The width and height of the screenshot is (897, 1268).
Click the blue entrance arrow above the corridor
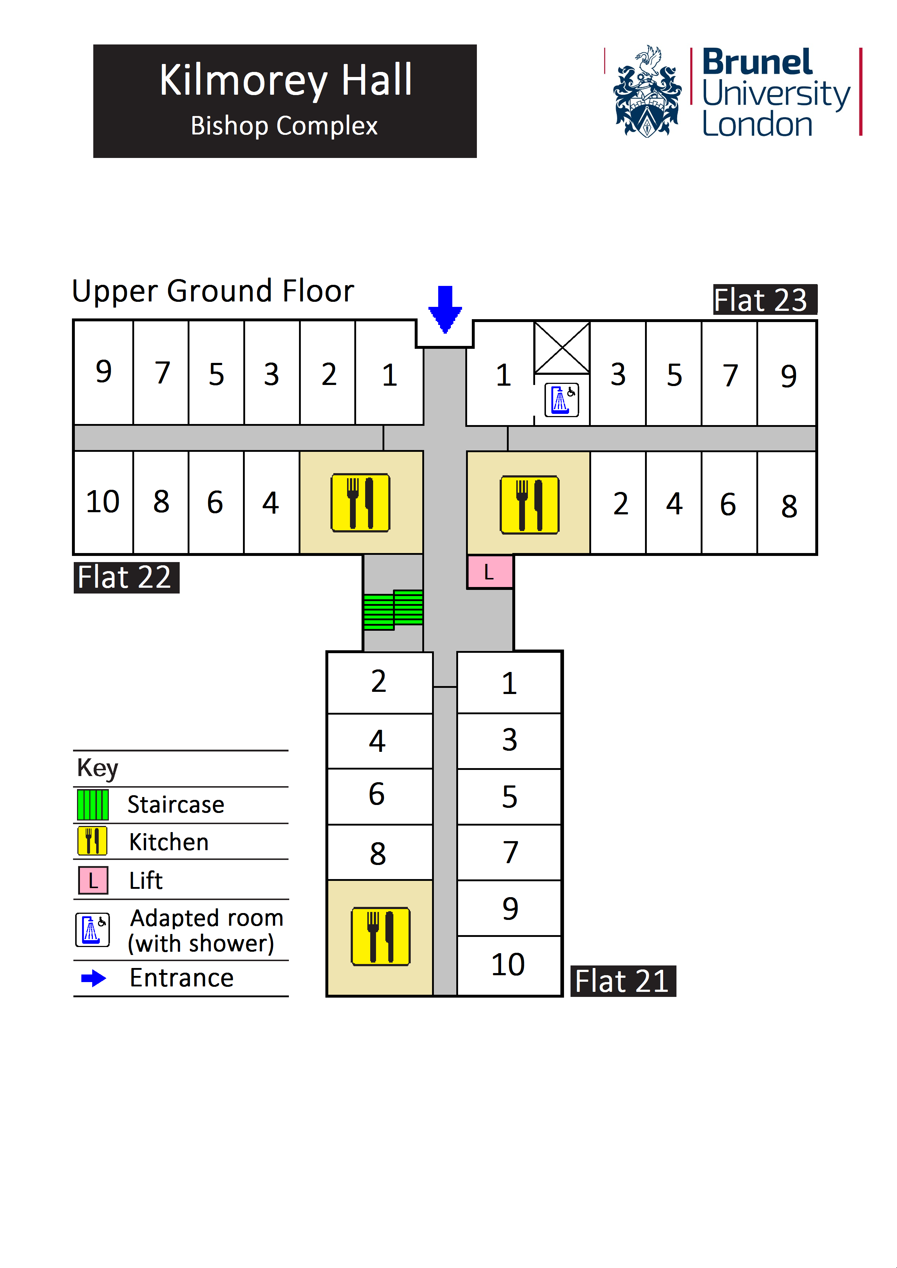pos(445,309)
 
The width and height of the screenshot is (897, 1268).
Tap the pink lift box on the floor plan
pos(490,571)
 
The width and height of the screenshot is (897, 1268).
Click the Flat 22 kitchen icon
pos(360,502)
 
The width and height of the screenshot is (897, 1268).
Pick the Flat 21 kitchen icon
pos(381,936)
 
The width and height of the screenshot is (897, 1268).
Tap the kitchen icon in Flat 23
pos(529,505)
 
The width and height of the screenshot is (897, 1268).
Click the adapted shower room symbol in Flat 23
pos(562,399)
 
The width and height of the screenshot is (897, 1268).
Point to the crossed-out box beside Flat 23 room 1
pos(562,348)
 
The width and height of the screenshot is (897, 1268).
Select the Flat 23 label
pos(764,300)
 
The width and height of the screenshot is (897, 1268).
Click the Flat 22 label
pos(126,578)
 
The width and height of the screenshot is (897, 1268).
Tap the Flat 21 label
pos(623,981)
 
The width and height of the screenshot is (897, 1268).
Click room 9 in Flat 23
pos(788,376)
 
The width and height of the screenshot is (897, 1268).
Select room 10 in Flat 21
pos(508,965)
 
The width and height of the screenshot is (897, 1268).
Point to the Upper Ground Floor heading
pos(213,291)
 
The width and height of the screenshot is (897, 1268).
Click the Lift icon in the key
pos(93,880)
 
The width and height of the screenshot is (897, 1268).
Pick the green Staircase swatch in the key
pos(93,805)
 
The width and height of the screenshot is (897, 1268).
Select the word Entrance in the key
pos(181,978)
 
